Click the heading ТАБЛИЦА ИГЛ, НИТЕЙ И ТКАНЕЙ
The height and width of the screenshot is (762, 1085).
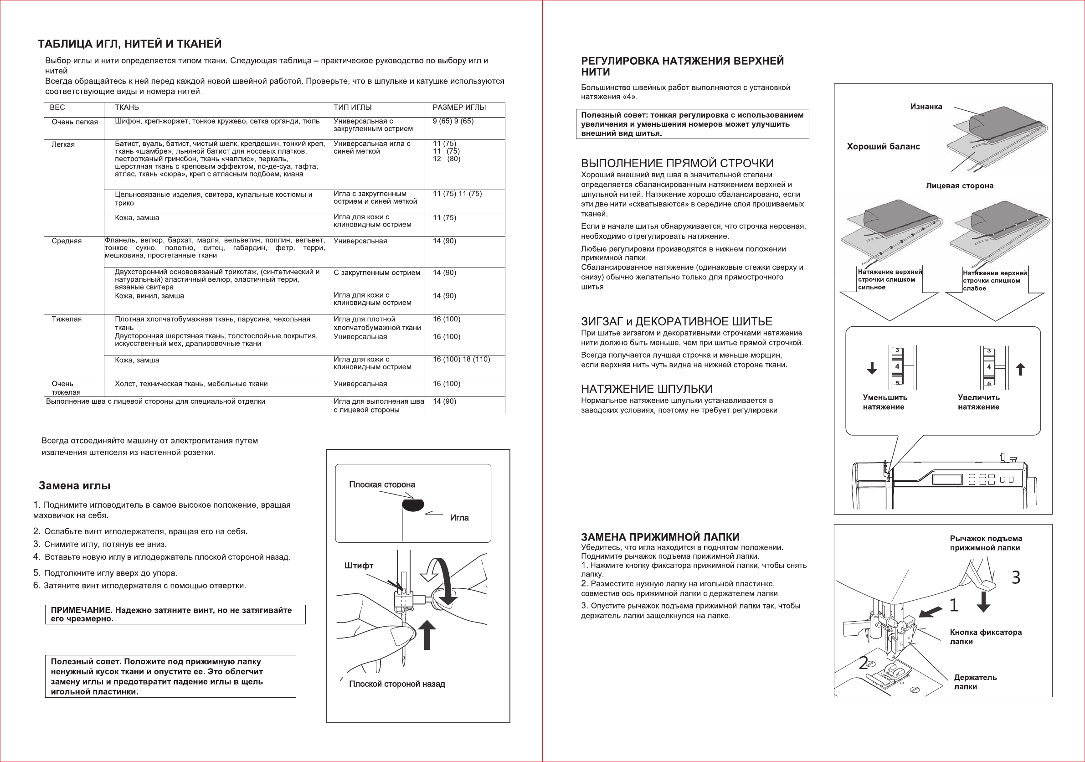click(129, 44)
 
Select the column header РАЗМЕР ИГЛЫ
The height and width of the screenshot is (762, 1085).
click(459, 107)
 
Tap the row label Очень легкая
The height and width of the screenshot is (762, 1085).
click(75, 122)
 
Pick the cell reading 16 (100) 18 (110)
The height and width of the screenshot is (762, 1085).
click(461, 359)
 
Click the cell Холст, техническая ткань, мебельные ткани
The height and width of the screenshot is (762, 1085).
click(191, 384)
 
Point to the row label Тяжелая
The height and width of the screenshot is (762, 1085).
click(67, 319)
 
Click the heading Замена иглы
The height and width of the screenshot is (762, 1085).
click(75, 485)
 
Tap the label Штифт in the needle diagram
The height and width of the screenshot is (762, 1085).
click(359, 566)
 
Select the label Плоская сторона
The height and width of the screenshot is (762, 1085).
click(382, 484)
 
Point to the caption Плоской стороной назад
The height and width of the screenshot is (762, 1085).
click(397, 684)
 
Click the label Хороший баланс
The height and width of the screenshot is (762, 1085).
click(883, 147)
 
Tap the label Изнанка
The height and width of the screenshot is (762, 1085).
click(926, 107)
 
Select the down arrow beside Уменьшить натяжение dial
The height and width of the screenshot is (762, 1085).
click(872, 368)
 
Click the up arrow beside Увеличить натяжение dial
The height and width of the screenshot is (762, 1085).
click(1021, 369)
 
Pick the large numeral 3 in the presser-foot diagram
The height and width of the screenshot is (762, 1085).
click(1016, 577)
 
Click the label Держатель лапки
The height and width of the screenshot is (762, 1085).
click(975, 682)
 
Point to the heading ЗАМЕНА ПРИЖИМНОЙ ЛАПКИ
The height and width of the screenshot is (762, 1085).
click(660, 537)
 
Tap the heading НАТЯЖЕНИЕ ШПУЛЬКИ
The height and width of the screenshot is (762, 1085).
click(647, 389)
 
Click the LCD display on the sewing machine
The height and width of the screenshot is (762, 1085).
click(947, 479)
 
